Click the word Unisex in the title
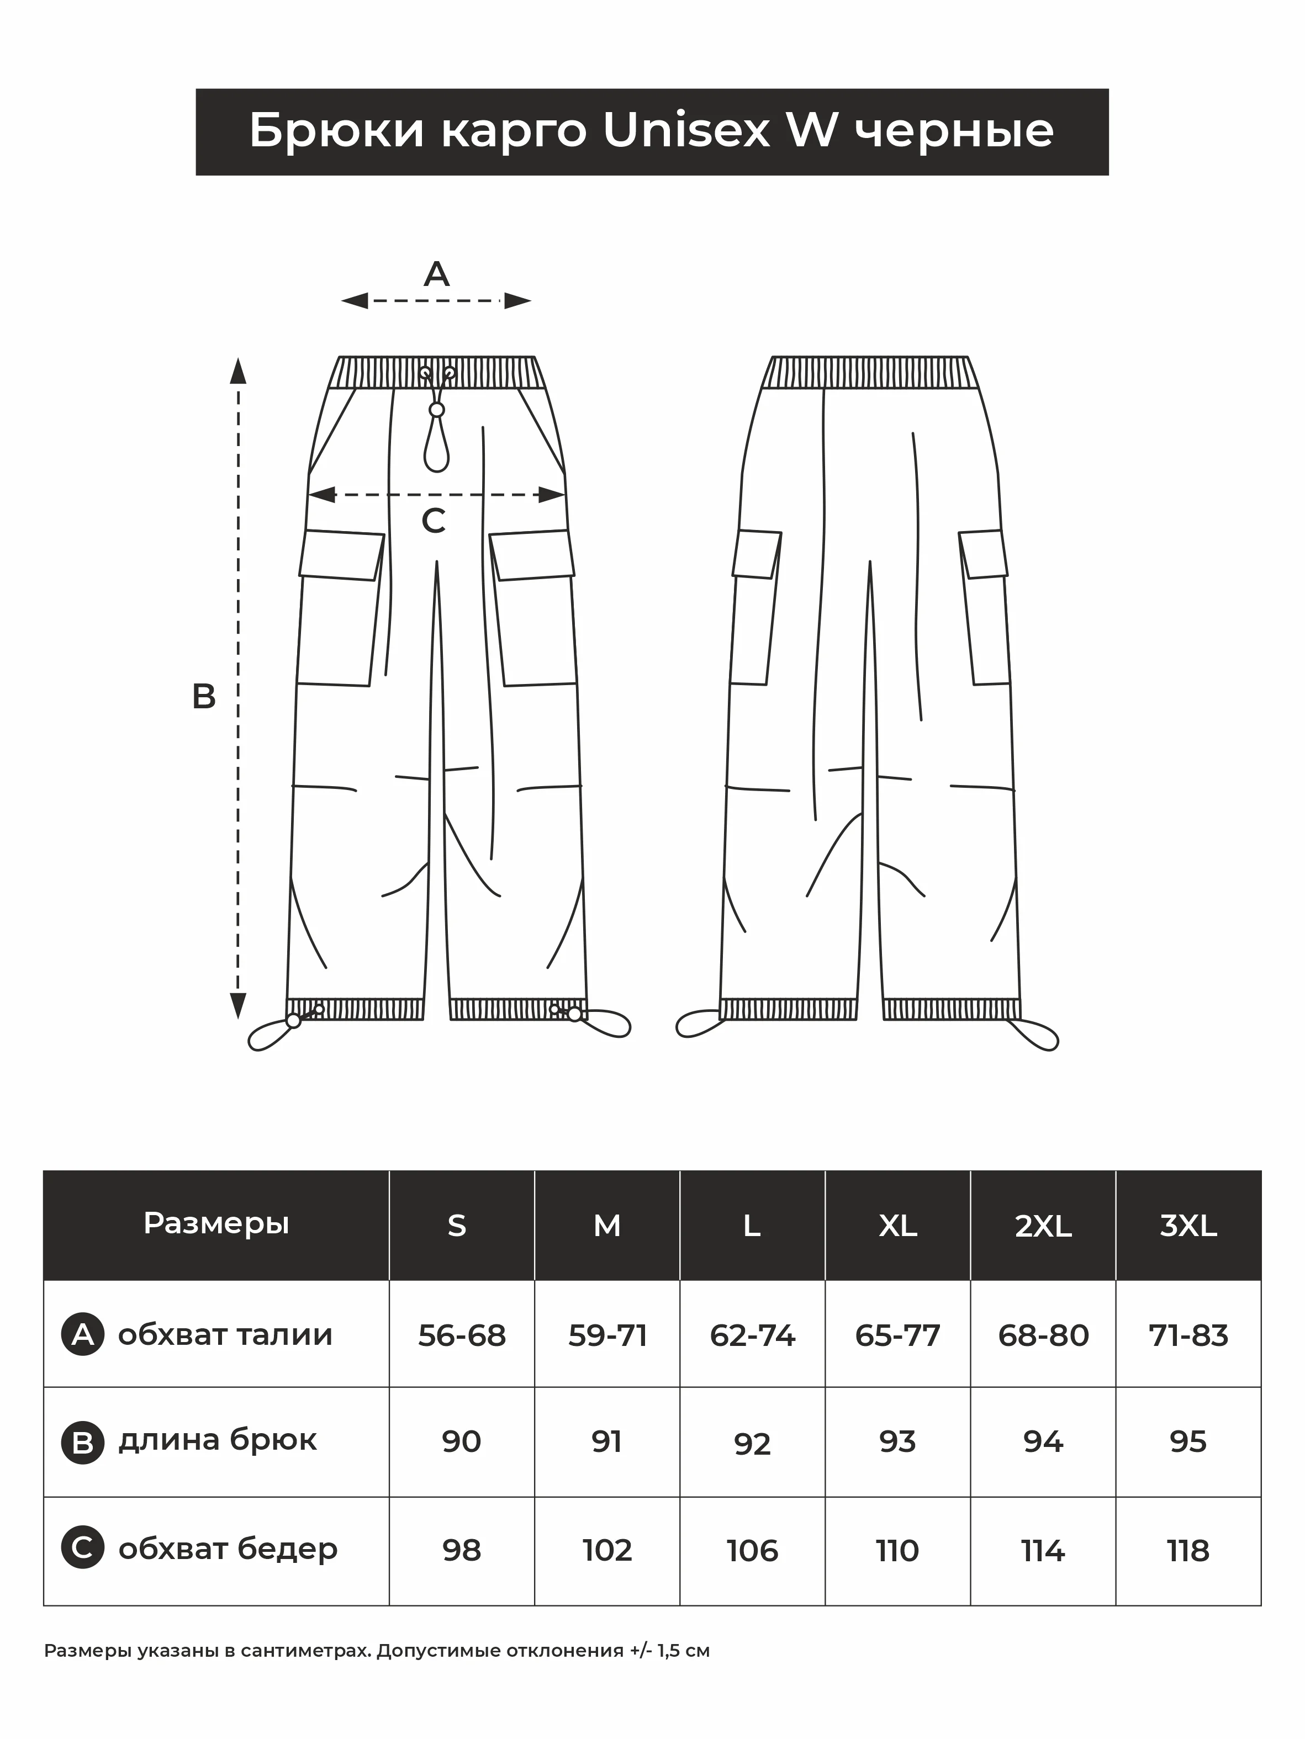coord(686,130)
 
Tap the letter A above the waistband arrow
coord(437,274)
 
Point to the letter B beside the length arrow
coord(204,697)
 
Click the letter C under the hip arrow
coord(434,521)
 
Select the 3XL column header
coord(1188,1226)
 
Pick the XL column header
coord(897,1226)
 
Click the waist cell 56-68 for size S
coord(462,1335)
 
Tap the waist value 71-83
coord(1188,1335)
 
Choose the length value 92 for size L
coord(752,1444)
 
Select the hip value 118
coord(1188,1551)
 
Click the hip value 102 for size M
coord(607,1551)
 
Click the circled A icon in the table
coord(83,1335)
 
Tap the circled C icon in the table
coord(83,1549)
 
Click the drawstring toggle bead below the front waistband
coord(437,410)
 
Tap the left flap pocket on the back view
coord(757,554)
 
